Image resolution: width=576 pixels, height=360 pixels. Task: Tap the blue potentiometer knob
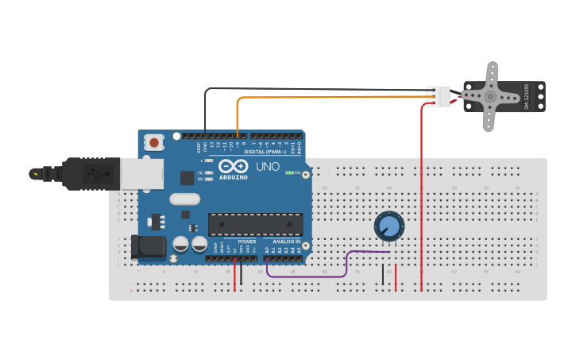click(389, 226)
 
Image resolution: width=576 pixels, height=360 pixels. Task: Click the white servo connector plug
click(438, 96)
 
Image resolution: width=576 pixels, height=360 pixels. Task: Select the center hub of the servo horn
click(490, 97)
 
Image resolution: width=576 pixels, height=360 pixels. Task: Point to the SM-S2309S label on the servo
click(525, 96)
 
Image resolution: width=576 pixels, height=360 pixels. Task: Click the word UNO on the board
click(267, 167)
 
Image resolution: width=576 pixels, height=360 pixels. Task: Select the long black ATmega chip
click(255, 224)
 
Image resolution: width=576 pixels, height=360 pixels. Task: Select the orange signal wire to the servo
click(334, 98)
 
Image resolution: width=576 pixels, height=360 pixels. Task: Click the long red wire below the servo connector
click(421, 199)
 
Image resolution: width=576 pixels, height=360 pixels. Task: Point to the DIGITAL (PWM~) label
click(265, 152)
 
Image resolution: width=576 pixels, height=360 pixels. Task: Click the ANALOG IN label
click(287, 241)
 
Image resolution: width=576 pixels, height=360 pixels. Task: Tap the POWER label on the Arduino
click(247, 241)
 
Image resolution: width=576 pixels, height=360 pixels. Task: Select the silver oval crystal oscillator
click(184, 199)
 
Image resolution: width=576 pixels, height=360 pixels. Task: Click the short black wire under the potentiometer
click(383, 275)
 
